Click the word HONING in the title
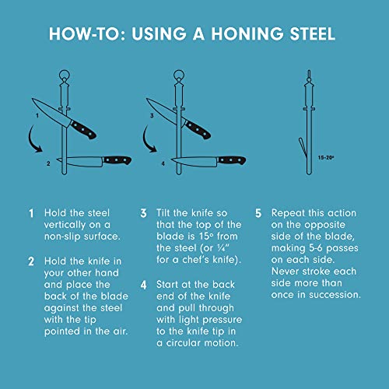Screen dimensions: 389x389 point(247,33)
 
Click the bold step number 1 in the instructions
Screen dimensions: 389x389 point(31,213)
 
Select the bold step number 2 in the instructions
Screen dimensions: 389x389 point(31,261)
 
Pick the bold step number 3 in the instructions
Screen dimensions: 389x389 point(143,213)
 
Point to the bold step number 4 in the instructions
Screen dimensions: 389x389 point(143,285)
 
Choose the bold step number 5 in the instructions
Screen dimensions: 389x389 point(258,213)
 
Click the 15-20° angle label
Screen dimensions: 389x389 point(326,157)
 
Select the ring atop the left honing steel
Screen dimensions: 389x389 point(65,75)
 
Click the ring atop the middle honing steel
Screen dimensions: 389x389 point(179,75)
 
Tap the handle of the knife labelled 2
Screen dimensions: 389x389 point(117,160)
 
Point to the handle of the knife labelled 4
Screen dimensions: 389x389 point(232,160)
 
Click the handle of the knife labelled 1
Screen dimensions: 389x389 point(83,130)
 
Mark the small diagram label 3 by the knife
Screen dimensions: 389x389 point(152,116)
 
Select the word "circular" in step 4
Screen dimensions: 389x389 point(184,343)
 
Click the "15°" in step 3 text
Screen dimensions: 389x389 point(206,237)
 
